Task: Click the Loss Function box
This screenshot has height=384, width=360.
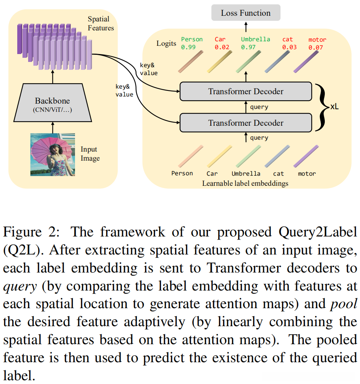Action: click(246, 13)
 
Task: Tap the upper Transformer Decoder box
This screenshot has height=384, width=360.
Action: click(246, 91)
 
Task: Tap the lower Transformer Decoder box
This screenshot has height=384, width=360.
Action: click(246, 123)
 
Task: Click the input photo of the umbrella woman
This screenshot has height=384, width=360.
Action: click(52, 155)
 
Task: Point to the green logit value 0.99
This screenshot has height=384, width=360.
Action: click(188, 47)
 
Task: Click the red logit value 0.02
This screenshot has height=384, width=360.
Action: click(222, 47)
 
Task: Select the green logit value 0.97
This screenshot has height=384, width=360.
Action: click(248, 47)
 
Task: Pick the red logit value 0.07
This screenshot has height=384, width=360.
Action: click(316, 47)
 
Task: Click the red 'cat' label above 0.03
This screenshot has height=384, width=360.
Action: click(287, 39)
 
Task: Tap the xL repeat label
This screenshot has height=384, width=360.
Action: click(335, 107)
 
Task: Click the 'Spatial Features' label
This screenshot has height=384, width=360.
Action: click(100, 23)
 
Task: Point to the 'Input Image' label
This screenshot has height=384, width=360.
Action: click(90, 154)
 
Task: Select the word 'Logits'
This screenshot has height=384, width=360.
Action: click(166, 44)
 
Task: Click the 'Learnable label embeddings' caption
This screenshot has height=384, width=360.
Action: click(246, 183)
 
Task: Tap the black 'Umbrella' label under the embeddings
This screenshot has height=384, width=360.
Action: click(246, 173)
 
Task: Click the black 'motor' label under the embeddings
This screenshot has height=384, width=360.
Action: click(307, 173)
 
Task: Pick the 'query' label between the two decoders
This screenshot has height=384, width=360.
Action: click(259, 107)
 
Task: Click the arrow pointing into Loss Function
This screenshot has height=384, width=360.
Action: click(246, 26)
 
